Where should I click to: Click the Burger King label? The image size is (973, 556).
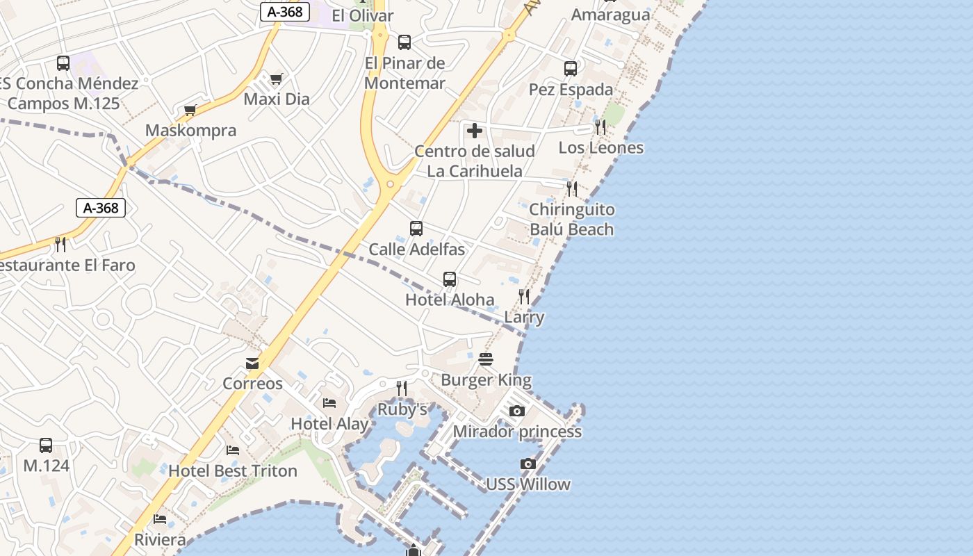tap(486, 380)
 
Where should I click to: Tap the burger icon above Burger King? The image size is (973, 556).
tap(486, 359)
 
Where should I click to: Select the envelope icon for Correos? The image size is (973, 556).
tap(252, 363)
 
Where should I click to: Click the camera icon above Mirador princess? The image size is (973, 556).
tap(516, 411)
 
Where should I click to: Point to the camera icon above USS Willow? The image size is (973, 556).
tap(528, 464)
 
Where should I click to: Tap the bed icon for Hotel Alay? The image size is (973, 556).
tap(329, 403)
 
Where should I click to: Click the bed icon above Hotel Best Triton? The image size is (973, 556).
tap(233, 450)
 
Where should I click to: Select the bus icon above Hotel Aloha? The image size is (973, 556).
tap(450, 279)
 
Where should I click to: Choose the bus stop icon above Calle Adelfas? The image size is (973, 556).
tap(416, 229)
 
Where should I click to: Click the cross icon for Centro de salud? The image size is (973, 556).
tap(475, 131)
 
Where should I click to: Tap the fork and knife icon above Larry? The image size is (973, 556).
tap(524, 297)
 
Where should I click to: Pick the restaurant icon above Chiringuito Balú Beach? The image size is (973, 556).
tap(572, 188)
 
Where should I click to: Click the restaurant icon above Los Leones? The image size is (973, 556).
tap(600, 127)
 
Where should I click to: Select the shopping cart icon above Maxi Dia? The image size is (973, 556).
tap(276, 79)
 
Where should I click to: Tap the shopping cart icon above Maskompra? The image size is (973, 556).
tap(190, 110)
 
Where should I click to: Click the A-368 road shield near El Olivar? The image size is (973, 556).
tap(285, 12)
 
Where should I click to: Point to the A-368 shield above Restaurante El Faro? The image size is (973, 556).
tap(101, 208)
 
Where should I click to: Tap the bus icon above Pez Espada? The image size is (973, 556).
tap(571, 69)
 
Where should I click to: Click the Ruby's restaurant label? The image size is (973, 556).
tap(402, 409)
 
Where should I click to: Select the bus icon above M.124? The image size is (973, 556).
tap(46, 445)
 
